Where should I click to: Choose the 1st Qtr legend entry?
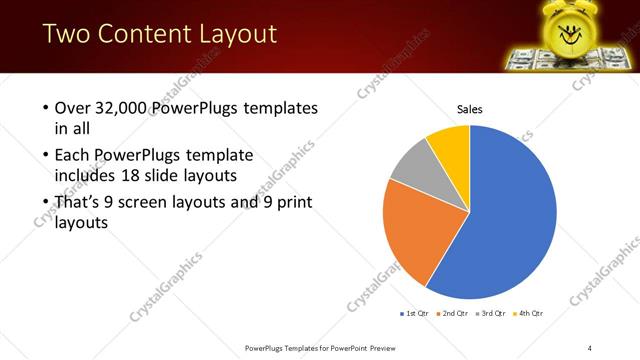click(415, 313)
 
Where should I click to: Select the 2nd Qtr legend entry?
click(455, 313)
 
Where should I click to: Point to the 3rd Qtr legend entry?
click(494, 313)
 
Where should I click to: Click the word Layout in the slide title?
click(233, 34)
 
